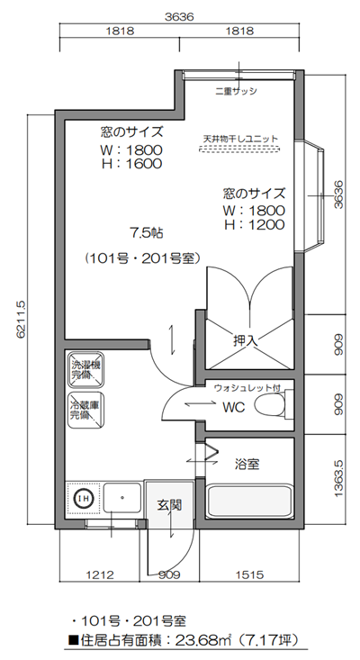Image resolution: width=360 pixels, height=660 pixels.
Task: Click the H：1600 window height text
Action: (130, 165)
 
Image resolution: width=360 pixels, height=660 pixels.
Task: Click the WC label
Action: (233, 406)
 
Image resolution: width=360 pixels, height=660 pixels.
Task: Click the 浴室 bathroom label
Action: (247, 465)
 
